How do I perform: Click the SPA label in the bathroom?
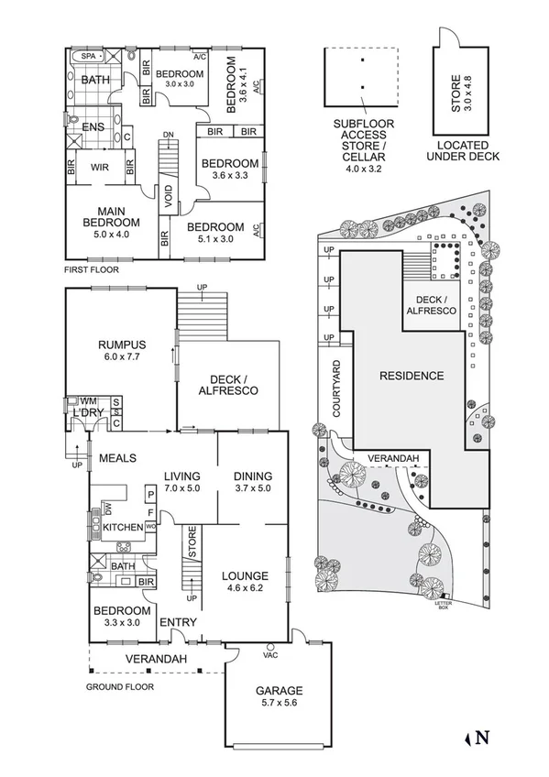[x=89, y=57]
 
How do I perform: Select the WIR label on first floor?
[x=98, y=168]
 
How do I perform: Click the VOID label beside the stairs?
[x=168, y=196]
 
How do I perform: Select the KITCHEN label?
[x=123, y=529]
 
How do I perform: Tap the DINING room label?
[x=252, y=476]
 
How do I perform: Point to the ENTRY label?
[x=178, y=623]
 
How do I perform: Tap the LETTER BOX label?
[x=445, y=605]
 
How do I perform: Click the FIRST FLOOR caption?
[x=91, y=270]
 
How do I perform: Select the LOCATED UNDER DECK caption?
[x=468, y=151]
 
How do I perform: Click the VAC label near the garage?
[x=269, y=655]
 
